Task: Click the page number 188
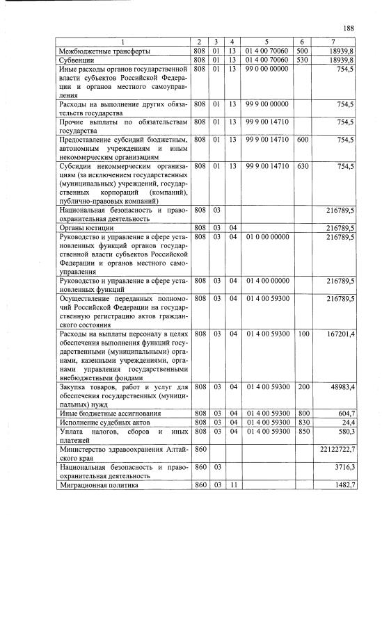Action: (349, 28)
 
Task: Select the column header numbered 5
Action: (266, 43)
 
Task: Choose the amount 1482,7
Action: (344, 486)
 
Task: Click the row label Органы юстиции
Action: (87, 227)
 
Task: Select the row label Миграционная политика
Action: (99, 486)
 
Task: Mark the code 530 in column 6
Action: (302, 60)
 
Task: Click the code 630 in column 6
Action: (302, 167)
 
